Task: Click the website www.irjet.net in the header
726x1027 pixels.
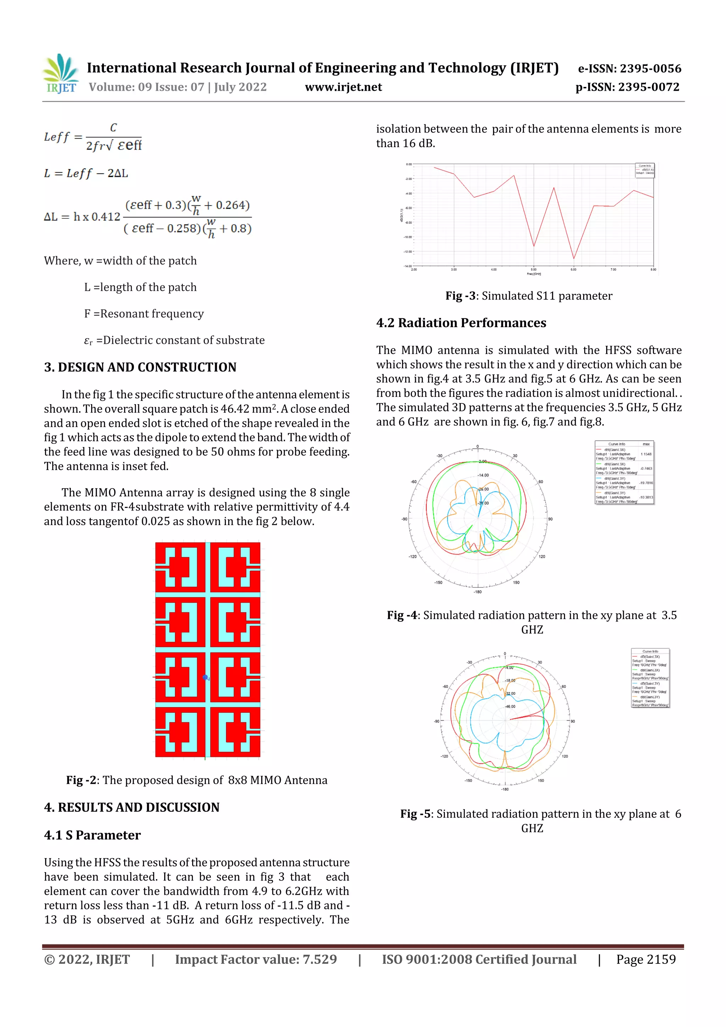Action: pos(343,87)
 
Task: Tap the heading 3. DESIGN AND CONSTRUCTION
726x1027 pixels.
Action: pos(140,367)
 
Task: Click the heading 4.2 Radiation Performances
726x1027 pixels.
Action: pos(461,323)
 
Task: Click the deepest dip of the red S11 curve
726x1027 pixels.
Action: pos(574,258)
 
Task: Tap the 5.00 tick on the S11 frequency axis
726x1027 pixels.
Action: pos(534,270)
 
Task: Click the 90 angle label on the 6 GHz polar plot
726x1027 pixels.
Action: pos(573,721)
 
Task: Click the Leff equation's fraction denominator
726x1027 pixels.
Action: pos(114,146)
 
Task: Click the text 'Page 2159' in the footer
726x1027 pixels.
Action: pos(646,959)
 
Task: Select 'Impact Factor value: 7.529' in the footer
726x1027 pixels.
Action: pos(256,959)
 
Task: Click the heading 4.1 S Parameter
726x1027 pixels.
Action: pos(92,835)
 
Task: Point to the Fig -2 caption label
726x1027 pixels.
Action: pos(81,780)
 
